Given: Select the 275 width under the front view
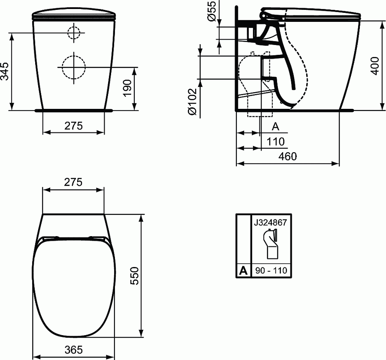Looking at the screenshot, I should pyautogui.click(x=73, y=126).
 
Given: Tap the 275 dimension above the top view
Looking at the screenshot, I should pyautogui.click(x=73, y=182).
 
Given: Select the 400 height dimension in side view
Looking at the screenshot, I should pyautogui.click(x=375, y=65).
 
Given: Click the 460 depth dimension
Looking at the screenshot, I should pyautogui.click(x=287, y=156).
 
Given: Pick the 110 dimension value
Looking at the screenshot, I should pyautogui.click(x=275, y=141).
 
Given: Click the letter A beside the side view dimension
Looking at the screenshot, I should pyautogui.click(x=276, y=126).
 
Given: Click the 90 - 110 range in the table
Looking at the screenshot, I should pyautogui.click(x=270, y=271).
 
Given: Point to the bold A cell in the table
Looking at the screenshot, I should pyautogui.click(x=243, y=271).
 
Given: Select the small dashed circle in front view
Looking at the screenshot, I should pyautogui.click(x=74, y=33).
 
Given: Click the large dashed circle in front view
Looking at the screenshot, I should pyautogui.click(x=73, y=67).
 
